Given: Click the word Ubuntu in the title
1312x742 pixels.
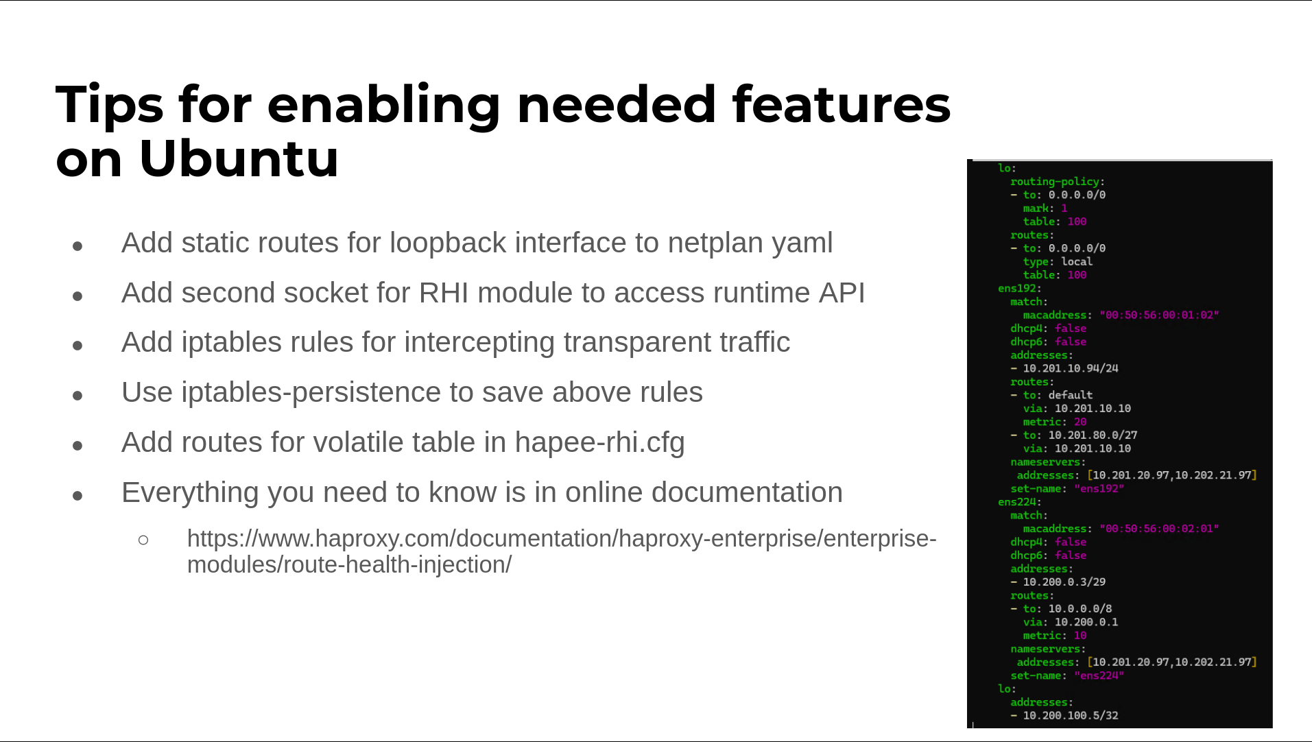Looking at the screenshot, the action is pyautogui.click(x=239, y=159).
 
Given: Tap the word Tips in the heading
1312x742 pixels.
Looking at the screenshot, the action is pyautogui.click(x=109, y=105).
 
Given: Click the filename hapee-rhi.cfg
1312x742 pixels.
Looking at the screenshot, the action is pyautogui.click(x=599, y=442).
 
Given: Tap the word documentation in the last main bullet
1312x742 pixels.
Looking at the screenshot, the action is pyautogui.click(x=747, y=492).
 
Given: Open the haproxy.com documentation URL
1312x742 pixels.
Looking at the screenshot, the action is pyautogui.click(x=562, y=551).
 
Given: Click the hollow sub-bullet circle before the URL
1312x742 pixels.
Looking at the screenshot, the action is pyautogui.click(x=143, y=540).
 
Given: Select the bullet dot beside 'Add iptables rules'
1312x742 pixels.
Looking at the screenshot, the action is pyautogui.click(x=77, y=346).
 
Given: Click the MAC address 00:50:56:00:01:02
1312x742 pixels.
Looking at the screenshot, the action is pyautogui.click(x=1159, y=315).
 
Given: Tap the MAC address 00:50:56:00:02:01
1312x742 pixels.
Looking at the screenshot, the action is pyautogui.click(x=1159, y=529).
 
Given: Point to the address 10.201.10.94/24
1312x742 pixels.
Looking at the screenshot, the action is pyautogui.click(x=1071, y=368).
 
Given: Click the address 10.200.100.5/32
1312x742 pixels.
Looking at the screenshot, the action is pyautogui.click(x=1071, y=715).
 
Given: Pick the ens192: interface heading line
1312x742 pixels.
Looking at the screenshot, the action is pyautogui.click(x=1020, y=288).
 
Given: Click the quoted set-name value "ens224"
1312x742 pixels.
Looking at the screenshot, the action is pyautogui.click(x=1099, y=675).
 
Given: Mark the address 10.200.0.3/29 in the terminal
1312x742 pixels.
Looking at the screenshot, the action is pyautogui.click(x=1064, y=582).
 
